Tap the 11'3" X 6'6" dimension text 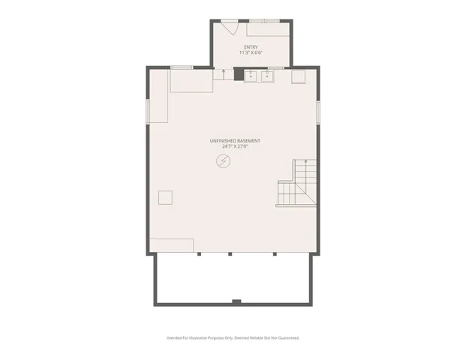(x=251, y=52)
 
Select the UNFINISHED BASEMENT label (x=235, y=141)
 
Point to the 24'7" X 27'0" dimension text (x=235, y=147)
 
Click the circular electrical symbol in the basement (x=224, y=161)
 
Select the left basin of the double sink (x=251, y=75)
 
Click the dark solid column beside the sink (x=239, y=74)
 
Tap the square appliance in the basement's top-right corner (x=298, y=76)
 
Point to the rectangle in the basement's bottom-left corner (x=172, y=245)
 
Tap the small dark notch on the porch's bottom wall (x=236, y=301)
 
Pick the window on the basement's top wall (x=182, y=67)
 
